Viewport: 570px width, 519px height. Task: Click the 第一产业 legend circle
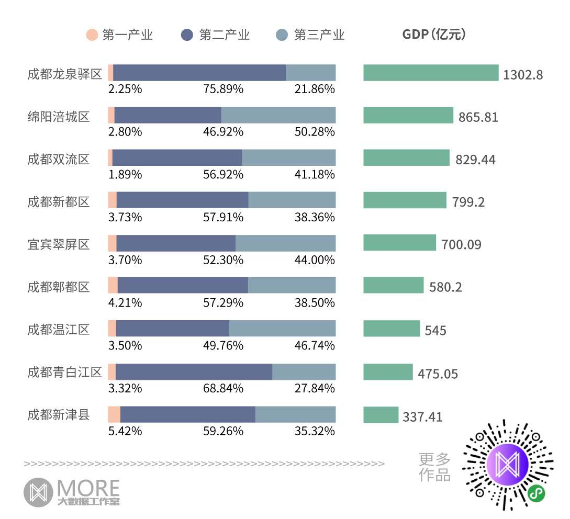[92, 35]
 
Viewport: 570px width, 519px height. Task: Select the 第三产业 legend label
[319, 35]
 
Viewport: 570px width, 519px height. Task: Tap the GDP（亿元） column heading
[434, 35]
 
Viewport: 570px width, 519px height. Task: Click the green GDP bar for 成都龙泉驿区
[431, 73]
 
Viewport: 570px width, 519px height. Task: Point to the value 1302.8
[523, 74]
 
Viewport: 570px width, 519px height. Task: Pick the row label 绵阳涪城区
[59, 116]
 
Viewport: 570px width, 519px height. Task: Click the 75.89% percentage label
[223, 89]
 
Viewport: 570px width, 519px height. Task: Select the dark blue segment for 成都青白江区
[194, 372]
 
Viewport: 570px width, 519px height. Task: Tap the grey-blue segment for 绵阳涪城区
[278, 115]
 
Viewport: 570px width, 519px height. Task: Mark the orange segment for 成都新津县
[114, 414]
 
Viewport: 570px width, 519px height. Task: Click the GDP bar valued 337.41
[381, 415]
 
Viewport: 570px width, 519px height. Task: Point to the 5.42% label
[125, 431]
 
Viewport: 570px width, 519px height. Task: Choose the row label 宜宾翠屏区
[59, 244]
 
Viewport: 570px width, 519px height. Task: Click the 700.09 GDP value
[461, 244]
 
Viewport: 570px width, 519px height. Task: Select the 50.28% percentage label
[315, 132]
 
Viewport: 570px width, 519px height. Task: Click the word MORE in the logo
[88, 488]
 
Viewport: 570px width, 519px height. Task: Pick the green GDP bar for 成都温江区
[392, 329]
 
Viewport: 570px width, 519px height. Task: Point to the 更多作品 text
[434, 467]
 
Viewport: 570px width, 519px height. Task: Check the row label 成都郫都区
[59, 287]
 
